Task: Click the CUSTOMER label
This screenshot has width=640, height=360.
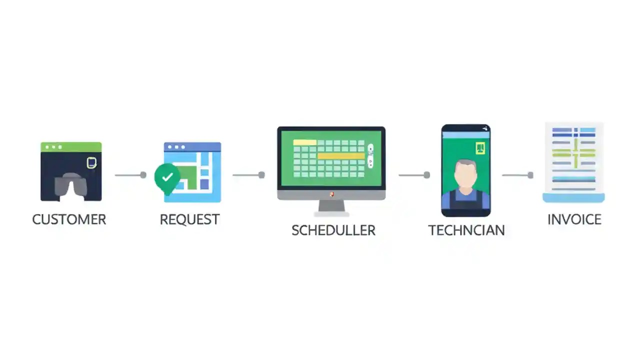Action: point(69,219)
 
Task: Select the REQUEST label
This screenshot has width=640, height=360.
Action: point(189,219)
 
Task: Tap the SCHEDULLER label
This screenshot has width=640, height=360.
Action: point(333,230)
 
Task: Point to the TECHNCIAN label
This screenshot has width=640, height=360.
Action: point(466,230)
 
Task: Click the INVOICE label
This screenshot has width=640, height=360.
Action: point(574,219)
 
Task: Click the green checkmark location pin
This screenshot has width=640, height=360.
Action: point(167,178)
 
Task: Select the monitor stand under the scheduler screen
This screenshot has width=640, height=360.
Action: point(331,206)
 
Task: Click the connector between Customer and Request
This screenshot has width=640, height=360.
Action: point(130,175)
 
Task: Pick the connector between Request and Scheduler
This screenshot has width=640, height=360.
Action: point(248,175)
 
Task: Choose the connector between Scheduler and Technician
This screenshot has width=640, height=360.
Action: point(414,175)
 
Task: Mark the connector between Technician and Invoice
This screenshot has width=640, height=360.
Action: point(517,175)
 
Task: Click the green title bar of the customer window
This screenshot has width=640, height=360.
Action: point(71,147)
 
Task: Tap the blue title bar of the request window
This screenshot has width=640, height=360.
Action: point(192,147)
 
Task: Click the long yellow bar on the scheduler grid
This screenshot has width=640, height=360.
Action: point(341,156)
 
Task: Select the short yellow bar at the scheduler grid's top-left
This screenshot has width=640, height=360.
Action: point(304,142)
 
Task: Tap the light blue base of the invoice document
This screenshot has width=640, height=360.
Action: point(573,198)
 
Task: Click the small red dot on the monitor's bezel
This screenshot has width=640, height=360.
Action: point(331,194)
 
